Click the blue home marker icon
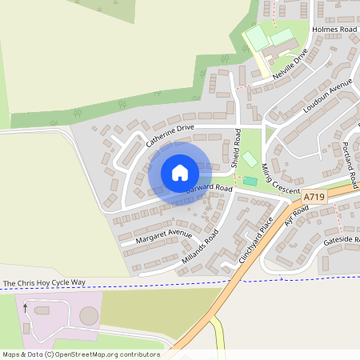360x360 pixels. [179, 172]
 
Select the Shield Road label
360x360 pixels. [236, 148]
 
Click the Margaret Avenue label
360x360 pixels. [164, 237]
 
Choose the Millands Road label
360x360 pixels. [199, 247]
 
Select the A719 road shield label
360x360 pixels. [314, 196]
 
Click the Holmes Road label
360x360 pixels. [334, 30]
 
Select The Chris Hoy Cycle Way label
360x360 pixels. [44, 283]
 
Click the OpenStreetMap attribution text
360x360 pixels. [80, 354]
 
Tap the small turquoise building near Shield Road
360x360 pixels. [250, 182]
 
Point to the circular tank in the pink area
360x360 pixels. [90, 317]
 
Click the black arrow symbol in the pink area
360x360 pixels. [25, 308]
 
